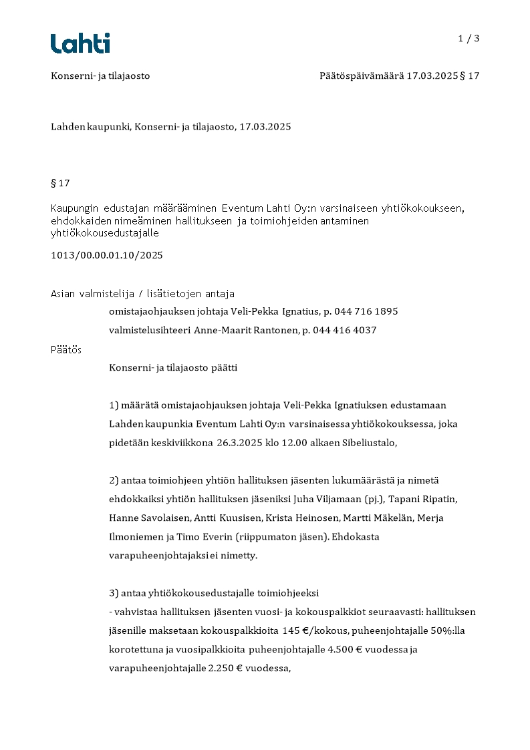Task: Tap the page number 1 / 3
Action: tap(469, 39)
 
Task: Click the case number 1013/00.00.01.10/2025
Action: tap(107, 255)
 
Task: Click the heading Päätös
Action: tap(66, 349)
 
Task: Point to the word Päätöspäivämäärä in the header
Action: tap(362, 76)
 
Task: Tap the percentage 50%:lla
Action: tap(432, 630)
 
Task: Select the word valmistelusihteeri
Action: tap(150, 330)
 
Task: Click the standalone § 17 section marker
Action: tap(60, 183)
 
